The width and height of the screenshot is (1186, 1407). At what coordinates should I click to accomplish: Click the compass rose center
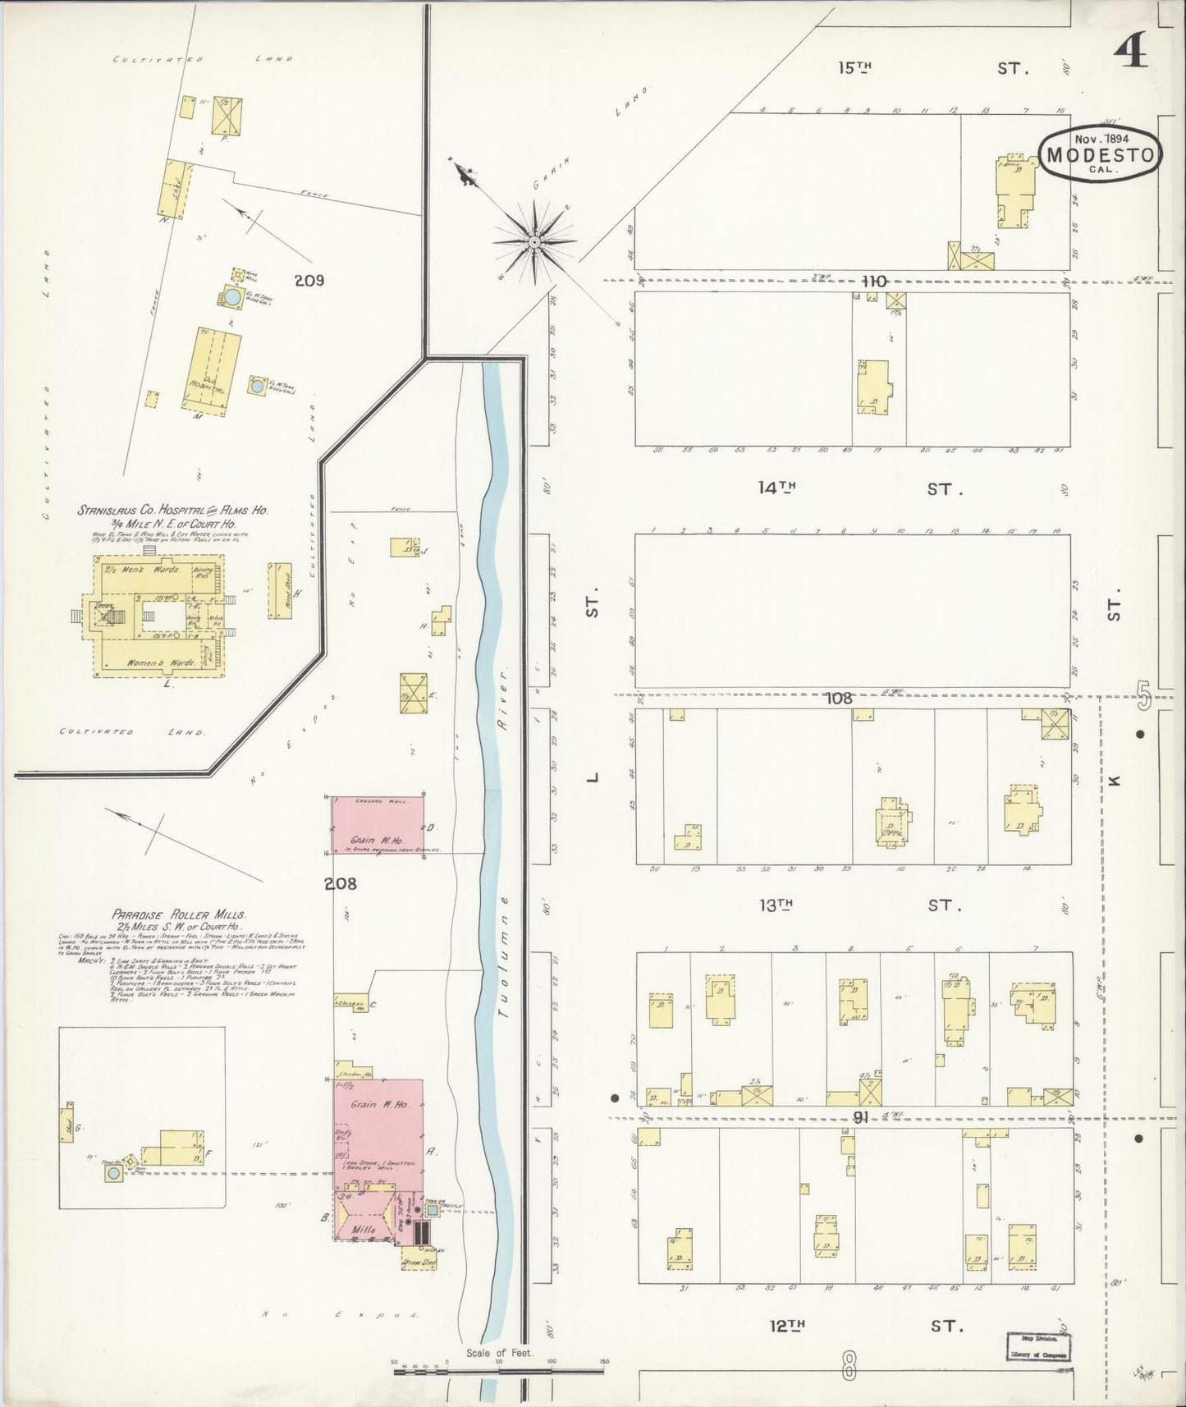[x=533, y=241]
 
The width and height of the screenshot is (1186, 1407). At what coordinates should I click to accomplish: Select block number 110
[x=874, y=282]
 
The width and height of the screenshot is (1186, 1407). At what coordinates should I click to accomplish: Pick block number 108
[x=839, y=699]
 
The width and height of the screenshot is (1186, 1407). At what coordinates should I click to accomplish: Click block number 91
[x=861, y=1116]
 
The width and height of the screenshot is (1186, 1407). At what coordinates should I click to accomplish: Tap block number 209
[x=309, y=281]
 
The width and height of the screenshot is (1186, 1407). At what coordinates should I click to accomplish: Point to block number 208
[x=341, y=884]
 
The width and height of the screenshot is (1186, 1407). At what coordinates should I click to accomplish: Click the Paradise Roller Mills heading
[x=178, y=914]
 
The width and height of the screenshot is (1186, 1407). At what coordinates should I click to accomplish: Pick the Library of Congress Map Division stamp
[x=1038, y=1346]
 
